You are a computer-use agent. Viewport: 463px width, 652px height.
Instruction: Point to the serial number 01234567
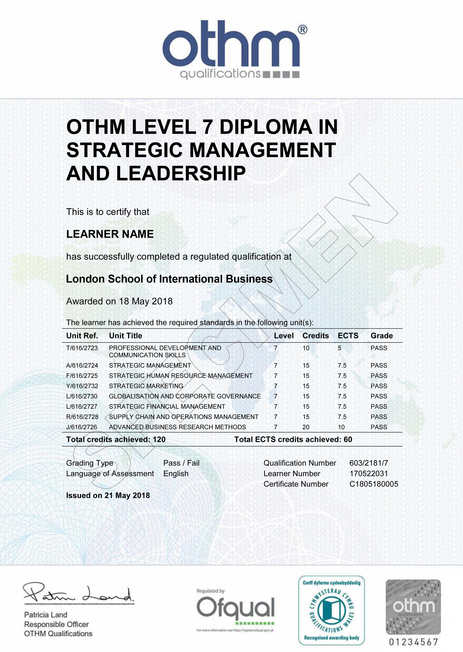pyautogui.click(x=413, y=642)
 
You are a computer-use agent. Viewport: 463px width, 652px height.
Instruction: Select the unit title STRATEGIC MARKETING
pyautogui.click(x=146, y=386)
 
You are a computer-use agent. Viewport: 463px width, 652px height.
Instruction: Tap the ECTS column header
pyautogui.click(x=348, y=336)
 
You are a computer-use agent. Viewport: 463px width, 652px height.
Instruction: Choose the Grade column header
pyautogui.click(x=382, y=336)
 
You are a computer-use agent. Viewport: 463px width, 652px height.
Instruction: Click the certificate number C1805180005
pyautogui.click(x=373, y=484)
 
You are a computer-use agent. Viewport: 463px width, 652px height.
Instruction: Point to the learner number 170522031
pyautogui.click(x=368, y=473)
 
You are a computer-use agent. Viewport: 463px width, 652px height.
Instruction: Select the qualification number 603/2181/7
pyautogui.click(x=368, y=463)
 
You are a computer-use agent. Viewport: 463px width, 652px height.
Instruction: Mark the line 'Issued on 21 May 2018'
pyautogui.click(x=108, y=495)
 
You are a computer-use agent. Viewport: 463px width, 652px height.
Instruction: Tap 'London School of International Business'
pyautogui.click(x=169, y=279)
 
